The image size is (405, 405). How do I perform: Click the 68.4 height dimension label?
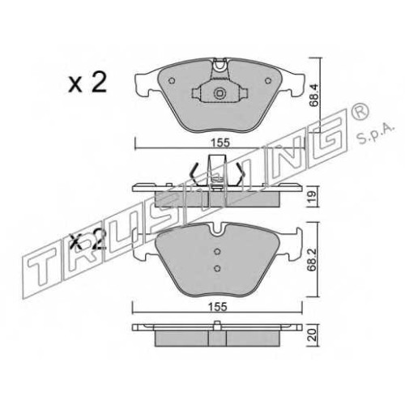pos(314,96)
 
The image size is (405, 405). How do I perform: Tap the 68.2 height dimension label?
pos(313,259)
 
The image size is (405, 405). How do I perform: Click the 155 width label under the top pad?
pos(220,143)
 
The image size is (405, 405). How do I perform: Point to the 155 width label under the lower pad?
pos(218,307)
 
